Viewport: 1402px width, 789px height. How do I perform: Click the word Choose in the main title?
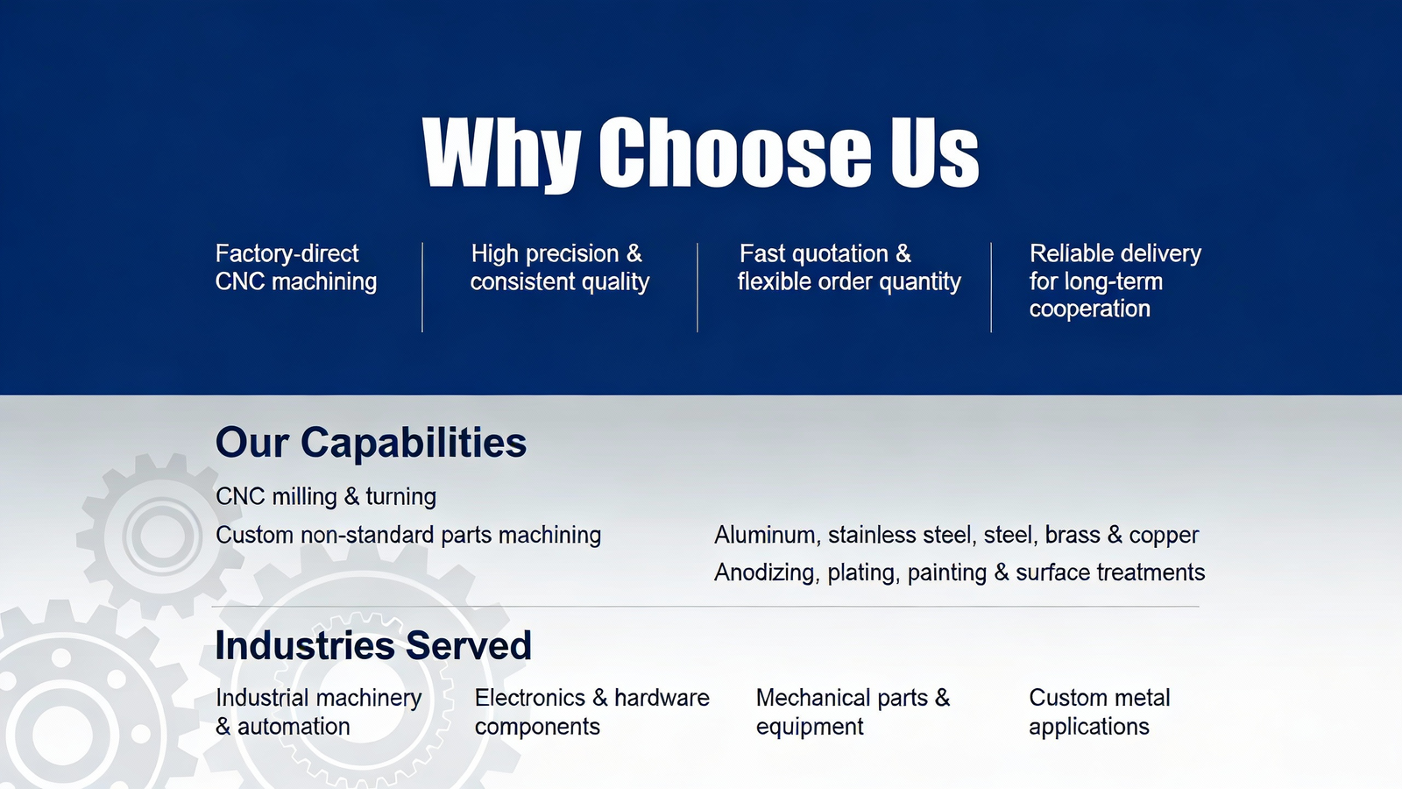735,153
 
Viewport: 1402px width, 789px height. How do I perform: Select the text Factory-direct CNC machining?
296,267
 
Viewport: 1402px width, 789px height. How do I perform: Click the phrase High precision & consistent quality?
560,267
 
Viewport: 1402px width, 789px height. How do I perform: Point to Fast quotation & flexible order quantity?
849,267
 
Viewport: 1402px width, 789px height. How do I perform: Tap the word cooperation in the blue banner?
1090,309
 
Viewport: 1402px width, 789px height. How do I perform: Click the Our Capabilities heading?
371,442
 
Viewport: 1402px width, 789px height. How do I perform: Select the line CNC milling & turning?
325,496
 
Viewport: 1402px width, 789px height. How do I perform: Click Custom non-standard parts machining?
408,536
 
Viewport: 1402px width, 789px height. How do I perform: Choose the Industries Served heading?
373,645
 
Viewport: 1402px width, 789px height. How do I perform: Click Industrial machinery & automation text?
319,712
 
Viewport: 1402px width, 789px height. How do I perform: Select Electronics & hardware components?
592,712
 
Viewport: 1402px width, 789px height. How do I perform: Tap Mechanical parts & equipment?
853,712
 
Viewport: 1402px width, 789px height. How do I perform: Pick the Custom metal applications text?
1099,712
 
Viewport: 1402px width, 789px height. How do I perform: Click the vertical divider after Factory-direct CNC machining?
422,288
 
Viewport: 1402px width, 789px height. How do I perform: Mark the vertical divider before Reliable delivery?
991,288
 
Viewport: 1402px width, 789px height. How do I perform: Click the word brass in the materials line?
1073,536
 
